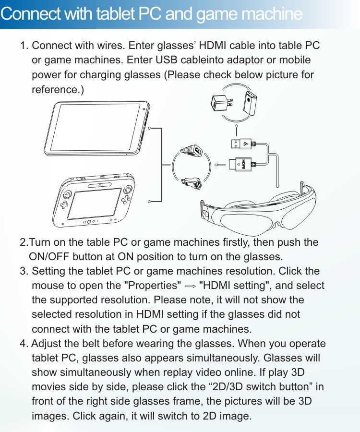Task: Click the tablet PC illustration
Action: tap(97, 128)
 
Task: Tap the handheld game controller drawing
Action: tap(94, 201)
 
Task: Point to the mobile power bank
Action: tap(250, 103)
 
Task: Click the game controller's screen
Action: tap(95, 204)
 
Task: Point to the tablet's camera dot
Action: tap(144, 109)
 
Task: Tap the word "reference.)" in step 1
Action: tap(58, 90)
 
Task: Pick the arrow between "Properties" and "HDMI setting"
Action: tap(191, 287)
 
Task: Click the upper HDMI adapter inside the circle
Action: tap(192, 151)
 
